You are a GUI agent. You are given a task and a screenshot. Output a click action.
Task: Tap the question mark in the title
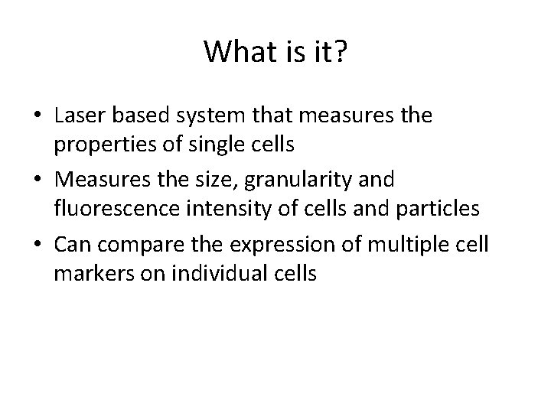point(341,53)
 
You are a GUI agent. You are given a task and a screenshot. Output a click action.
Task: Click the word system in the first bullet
point(201,116)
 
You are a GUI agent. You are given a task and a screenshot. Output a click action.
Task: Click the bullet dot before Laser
point(38,117)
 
